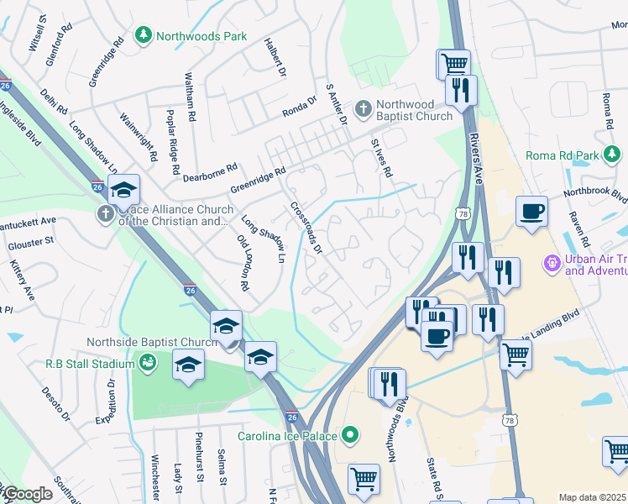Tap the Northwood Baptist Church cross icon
(x=363, y=108)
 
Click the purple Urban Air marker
(x=552, y=264)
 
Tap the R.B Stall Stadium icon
(x=147, y=363)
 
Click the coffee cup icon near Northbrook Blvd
(x=531, y=211)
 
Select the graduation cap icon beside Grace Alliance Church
(x=123, y=191)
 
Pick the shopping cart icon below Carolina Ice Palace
(x=364, y=480)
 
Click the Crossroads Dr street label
(x=306, y=227)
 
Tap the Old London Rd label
(x=243, y=263)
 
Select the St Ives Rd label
(x=382, y=158)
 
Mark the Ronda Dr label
(x=299, y=105)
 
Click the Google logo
(x=27, y=494)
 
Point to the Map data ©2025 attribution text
(x=592, y=497)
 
